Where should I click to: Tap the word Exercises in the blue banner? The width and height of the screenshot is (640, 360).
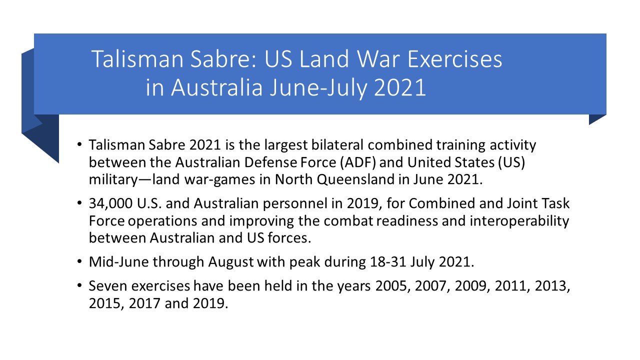point(455,59)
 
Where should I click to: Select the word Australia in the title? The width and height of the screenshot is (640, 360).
point(216,87)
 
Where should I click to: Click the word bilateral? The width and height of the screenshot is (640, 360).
point(337,144)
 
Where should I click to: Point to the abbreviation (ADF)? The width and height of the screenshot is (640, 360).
point(357,162)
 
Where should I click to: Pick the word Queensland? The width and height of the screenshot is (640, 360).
point(355,179)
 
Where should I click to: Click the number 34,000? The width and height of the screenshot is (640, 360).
point(110,203)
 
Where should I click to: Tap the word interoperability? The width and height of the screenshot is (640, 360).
point(519,221)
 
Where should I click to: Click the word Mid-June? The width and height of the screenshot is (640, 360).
point(118,261)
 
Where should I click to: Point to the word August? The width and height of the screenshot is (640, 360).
point(231,262)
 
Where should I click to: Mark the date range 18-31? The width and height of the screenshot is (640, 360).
point(387,261)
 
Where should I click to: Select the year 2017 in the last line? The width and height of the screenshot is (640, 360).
point(144,303)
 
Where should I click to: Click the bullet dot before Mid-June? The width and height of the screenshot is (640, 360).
point(79,261)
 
